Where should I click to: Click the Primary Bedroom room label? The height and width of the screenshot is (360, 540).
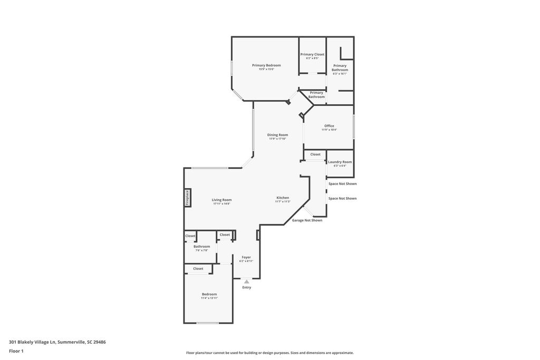tap(266, 65)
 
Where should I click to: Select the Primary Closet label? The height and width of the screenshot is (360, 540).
tap(312, 54)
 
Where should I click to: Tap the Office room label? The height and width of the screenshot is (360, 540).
tap(329, 126)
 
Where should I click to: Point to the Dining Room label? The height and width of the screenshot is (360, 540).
tap(277, 135)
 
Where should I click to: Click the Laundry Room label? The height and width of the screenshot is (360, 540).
tap(340, 162)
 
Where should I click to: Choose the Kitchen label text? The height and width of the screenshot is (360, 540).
tap(283, 198)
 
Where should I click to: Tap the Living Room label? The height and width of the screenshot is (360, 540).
tap(221, 200)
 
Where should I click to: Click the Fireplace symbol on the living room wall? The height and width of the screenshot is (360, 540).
tap(187, 198)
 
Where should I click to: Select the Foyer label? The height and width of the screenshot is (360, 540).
tap(246, 257)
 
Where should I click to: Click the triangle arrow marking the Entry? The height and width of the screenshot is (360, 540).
tap(246, 281)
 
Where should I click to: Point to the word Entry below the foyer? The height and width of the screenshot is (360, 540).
tap(247, 287)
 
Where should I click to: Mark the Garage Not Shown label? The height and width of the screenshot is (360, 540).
tap(307, 220)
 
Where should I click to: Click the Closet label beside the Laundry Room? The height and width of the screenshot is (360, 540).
tap(315, 154)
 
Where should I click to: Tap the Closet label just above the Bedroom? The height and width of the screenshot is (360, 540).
tap(198, 269)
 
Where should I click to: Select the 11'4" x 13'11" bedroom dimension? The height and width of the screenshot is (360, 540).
tap(209, 298)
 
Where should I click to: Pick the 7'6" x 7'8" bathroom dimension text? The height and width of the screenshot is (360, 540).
tap(201, 250)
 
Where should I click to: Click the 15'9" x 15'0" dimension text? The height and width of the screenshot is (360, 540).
tap(266, 69)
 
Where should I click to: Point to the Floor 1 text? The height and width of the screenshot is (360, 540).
tap(16, 351)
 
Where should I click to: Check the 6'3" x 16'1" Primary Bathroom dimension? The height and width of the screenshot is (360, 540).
tap(340, 74)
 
